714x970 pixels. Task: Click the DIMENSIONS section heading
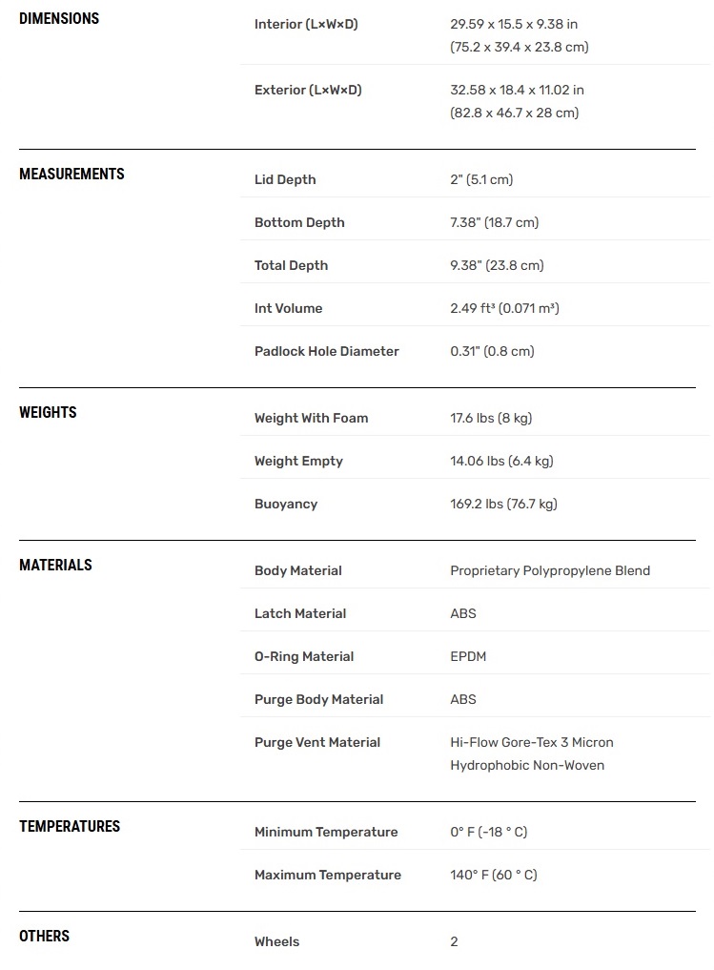click(59, 19)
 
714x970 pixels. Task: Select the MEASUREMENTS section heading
click(71, 175)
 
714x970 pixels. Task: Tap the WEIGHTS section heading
click(48, 413)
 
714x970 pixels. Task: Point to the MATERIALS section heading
click(55, 566)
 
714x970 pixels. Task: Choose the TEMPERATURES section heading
click(70, 827)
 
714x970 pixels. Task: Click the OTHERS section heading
click(44, 937)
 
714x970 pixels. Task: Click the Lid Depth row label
click(285, 179)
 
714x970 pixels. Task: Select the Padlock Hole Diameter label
click(326, 351)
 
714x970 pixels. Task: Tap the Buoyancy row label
click(286, 504)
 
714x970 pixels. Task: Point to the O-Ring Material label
click(304, 656)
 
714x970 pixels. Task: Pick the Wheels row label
click(276, 941)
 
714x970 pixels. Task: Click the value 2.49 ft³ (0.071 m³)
click(504, 308)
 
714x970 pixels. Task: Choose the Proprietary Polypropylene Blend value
click(550, 570)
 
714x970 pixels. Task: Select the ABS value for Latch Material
click(463, 613)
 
